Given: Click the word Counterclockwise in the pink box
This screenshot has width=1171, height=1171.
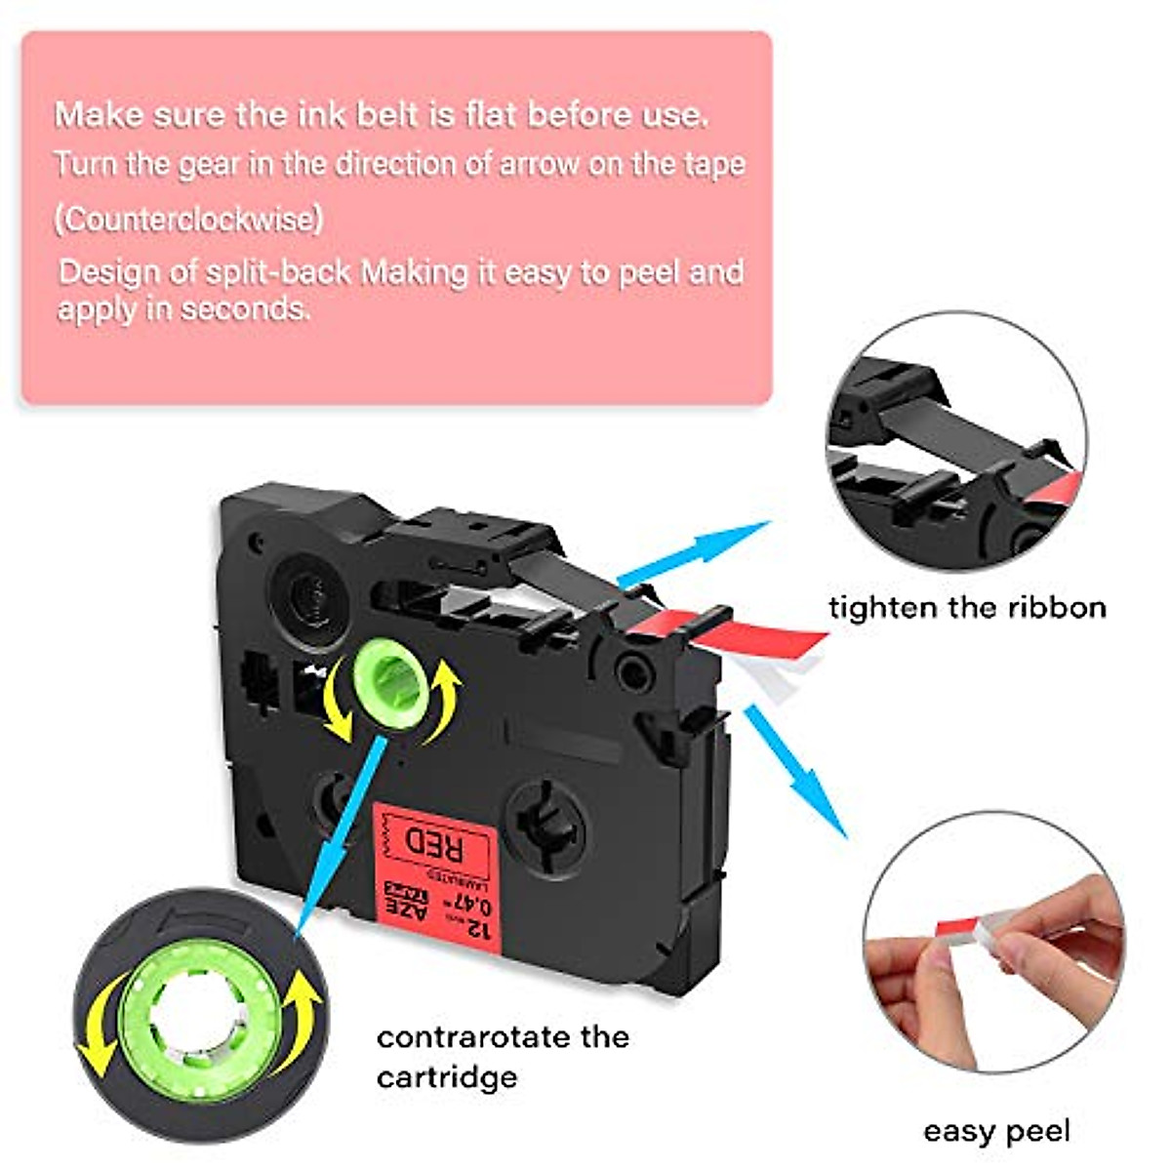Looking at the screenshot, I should (x=187, y=219).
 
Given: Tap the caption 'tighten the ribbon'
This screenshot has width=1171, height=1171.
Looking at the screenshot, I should (x=967, y=608).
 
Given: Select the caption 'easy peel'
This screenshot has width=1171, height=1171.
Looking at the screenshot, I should (x=995, y=1131).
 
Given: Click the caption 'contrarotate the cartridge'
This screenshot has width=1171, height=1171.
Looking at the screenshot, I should (x=502, y=1057).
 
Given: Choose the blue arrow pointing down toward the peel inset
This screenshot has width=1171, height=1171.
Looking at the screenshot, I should (x=795, y=771).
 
